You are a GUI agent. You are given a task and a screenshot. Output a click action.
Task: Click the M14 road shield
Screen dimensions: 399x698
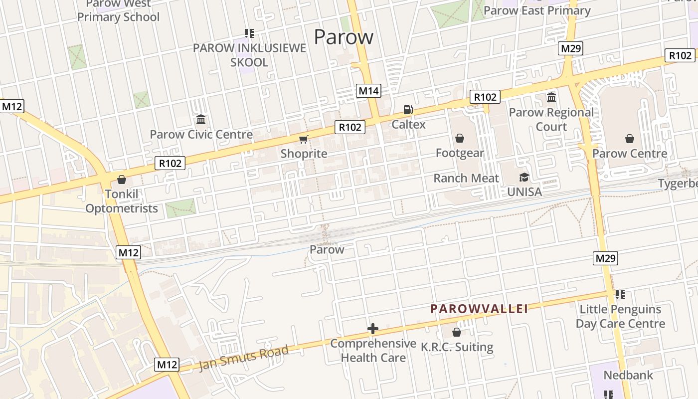tap(369, 91)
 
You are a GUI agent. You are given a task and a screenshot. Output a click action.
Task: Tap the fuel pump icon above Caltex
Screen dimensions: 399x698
tap(408, 110)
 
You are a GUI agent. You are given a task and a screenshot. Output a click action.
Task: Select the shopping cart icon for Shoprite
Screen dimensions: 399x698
tap(303, 139)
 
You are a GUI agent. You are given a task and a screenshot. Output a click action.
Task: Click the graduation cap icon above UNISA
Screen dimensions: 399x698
tap(524, 177)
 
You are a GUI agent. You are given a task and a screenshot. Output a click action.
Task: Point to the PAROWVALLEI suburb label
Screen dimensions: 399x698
tap(479, 309)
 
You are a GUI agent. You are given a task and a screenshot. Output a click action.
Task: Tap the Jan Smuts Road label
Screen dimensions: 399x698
tap(244, 358)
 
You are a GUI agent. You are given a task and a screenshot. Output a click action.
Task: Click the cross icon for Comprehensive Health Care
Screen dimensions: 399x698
tap(372, 329)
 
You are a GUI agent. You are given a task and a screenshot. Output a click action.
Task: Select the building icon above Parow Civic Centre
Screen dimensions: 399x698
tap(201, 120)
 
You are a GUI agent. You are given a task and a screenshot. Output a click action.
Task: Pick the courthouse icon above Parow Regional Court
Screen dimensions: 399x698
tap(551, 97)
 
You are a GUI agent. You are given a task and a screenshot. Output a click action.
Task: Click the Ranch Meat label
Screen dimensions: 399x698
tap(466, 178)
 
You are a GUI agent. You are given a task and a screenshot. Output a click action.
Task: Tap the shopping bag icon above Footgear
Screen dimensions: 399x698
tap(460, 138)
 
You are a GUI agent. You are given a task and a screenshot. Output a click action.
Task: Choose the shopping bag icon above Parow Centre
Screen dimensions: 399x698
tap(630, 139)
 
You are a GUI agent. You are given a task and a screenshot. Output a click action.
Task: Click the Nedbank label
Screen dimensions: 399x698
tap(628, 375)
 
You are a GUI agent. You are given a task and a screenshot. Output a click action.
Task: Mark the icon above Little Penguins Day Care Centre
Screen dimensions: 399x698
tap(620, 295)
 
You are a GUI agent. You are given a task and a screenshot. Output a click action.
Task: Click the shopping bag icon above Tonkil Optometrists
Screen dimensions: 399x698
tap(121, 180)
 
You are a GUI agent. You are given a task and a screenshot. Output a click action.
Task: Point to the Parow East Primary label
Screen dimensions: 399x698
tap(537, 10)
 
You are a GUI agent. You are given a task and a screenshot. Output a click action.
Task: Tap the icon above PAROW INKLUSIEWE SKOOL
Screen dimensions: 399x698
tap(249, 33)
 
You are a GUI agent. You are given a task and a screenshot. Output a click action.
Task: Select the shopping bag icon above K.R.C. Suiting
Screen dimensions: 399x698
tap(456, 332)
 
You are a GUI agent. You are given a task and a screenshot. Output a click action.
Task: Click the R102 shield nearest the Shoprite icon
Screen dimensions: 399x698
tap(350, 127)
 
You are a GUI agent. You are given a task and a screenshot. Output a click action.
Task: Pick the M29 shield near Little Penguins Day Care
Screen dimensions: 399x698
tap(606, 258)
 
